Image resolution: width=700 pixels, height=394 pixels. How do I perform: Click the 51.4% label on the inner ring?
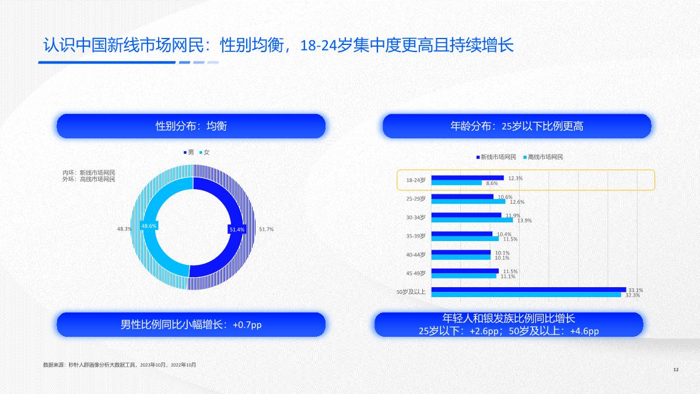point(237,230)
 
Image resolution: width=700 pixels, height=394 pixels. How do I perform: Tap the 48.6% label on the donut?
point(149,225)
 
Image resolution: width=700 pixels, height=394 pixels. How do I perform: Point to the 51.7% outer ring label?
point(266,229)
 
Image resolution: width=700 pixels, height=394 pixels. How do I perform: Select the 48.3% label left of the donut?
point(124,229)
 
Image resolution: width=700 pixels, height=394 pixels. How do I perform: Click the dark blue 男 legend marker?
point(184,152)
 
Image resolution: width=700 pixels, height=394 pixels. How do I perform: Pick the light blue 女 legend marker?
point(201,152)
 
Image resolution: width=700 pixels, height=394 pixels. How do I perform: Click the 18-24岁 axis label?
point(416,180)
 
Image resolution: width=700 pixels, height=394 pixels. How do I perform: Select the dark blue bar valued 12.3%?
point(467,177)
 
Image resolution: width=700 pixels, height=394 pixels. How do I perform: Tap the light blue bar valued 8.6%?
point(456,183)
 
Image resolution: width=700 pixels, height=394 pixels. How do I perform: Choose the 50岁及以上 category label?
point(411,292)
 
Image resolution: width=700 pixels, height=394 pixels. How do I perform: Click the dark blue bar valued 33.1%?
point(528,290)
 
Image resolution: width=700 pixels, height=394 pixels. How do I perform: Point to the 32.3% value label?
point(632,295)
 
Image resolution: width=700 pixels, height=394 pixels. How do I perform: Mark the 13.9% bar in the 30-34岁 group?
point(472,220)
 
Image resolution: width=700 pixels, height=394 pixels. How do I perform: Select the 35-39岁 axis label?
point(416,236)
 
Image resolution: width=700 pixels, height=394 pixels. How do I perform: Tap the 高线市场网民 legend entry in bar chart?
point(545,157)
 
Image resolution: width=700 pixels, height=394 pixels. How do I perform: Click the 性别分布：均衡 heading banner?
point(191,126)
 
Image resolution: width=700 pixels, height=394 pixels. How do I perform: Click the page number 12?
point(675,370)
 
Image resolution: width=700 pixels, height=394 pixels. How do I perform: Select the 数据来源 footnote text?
point(120,365)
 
